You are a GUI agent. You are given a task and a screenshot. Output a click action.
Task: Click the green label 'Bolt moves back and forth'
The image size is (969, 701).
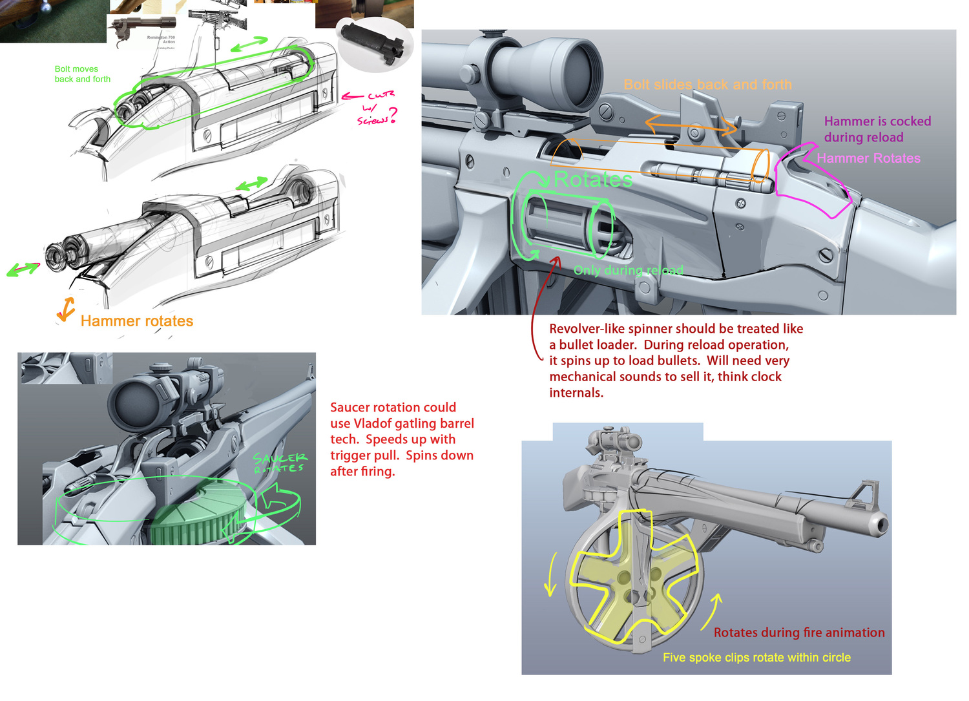(82, 74)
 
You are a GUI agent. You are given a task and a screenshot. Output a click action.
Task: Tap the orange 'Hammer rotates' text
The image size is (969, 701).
(136, 321)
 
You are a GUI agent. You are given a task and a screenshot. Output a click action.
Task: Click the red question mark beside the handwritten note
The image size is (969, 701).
(392, 116)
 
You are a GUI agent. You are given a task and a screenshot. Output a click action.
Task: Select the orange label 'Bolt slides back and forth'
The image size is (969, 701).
(707, 85)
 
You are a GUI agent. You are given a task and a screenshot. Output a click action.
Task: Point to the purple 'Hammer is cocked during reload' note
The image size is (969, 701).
(877, 129)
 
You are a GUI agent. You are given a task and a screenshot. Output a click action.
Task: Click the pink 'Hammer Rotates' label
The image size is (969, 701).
(868, 158)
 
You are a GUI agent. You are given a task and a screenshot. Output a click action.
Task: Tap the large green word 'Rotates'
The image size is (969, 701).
(593, 180)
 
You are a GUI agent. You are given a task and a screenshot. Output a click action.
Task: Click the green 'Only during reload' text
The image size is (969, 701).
(628, 270)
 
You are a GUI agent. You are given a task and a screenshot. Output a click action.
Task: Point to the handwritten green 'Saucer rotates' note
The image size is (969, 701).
(280, 463)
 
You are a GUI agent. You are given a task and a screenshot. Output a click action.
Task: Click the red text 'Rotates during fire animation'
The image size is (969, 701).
(799, 633)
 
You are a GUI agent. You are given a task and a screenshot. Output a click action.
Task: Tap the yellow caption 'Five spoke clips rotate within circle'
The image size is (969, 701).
(756, 657)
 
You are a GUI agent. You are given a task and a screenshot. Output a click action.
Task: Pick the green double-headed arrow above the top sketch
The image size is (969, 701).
(249, 45)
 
